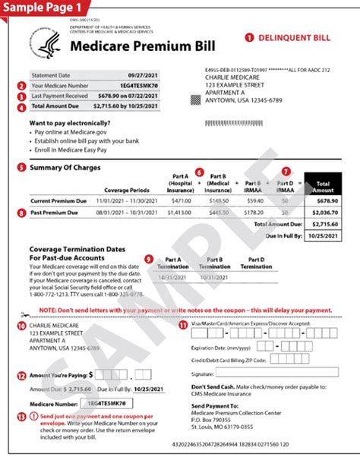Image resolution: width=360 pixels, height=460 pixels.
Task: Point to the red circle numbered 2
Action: click(x=21, y=86)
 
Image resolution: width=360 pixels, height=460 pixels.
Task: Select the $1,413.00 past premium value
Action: click(x=178, y=213)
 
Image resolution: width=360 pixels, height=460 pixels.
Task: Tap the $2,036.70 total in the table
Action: click(x=324, y=213)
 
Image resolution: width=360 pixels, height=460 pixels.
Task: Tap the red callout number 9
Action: click(x=148, y=259)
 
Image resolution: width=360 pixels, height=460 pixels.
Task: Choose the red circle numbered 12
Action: click(x=21, y=375)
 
